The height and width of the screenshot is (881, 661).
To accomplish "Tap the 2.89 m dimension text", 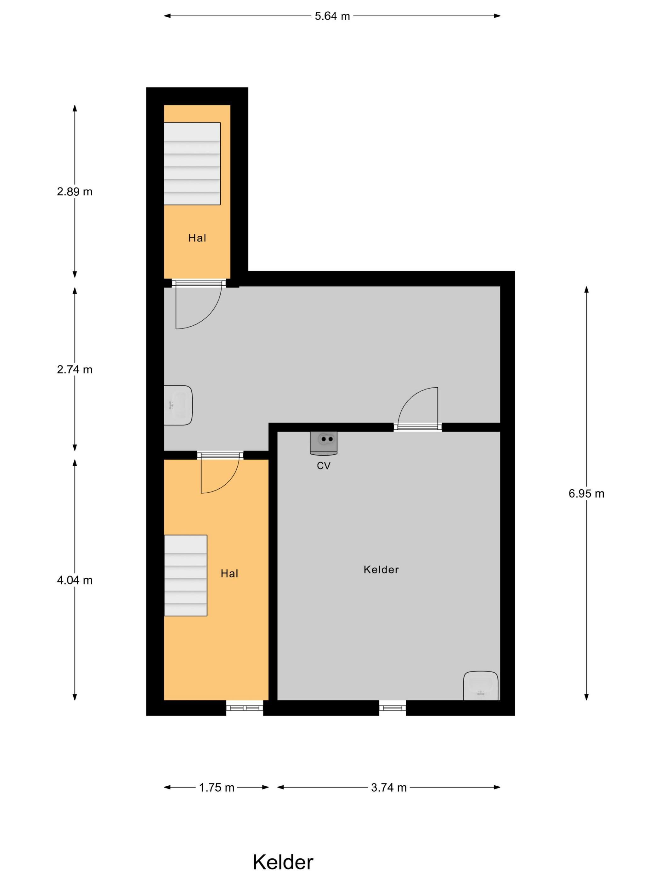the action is click(x=75, y=192).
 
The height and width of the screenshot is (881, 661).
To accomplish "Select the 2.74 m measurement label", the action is click(x=75, y=370).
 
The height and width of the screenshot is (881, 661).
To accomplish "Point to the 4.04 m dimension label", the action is click(x=75, y=580).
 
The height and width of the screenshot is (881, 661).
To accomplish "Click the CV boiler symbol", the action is click(x=324, y=443).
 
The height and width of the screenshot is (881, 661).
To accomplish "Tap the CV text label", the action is click(x=324, y=466).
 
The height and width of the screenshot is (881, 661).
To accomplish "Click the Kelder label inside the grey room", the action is click(x=381, y=570).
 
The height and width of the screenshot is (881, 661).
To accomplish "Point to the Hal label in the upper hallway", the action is click(x=197, y=238).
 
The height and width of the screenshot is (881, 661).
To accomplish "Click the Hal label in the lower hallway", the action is click(x=229, y=574).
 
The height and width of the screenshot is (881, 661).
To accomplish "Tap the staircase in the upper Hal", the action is click(x=192, y=163).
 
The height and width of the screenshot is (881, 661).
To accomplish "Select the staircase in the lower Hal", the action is click(x=186, y=575).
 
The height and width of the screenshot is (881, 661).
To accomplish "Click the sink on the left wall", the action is click(x=178, y=405).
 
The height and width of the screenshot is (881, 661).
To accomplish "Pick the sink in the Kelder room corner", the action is click(x=481, y=686).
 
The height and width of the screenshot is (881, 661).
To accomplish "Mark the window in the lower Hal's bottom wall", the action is click(x=245, y=708).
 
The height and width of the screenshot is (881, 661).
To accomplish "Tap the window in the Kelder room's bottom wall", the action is click(x=393, y=708).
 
